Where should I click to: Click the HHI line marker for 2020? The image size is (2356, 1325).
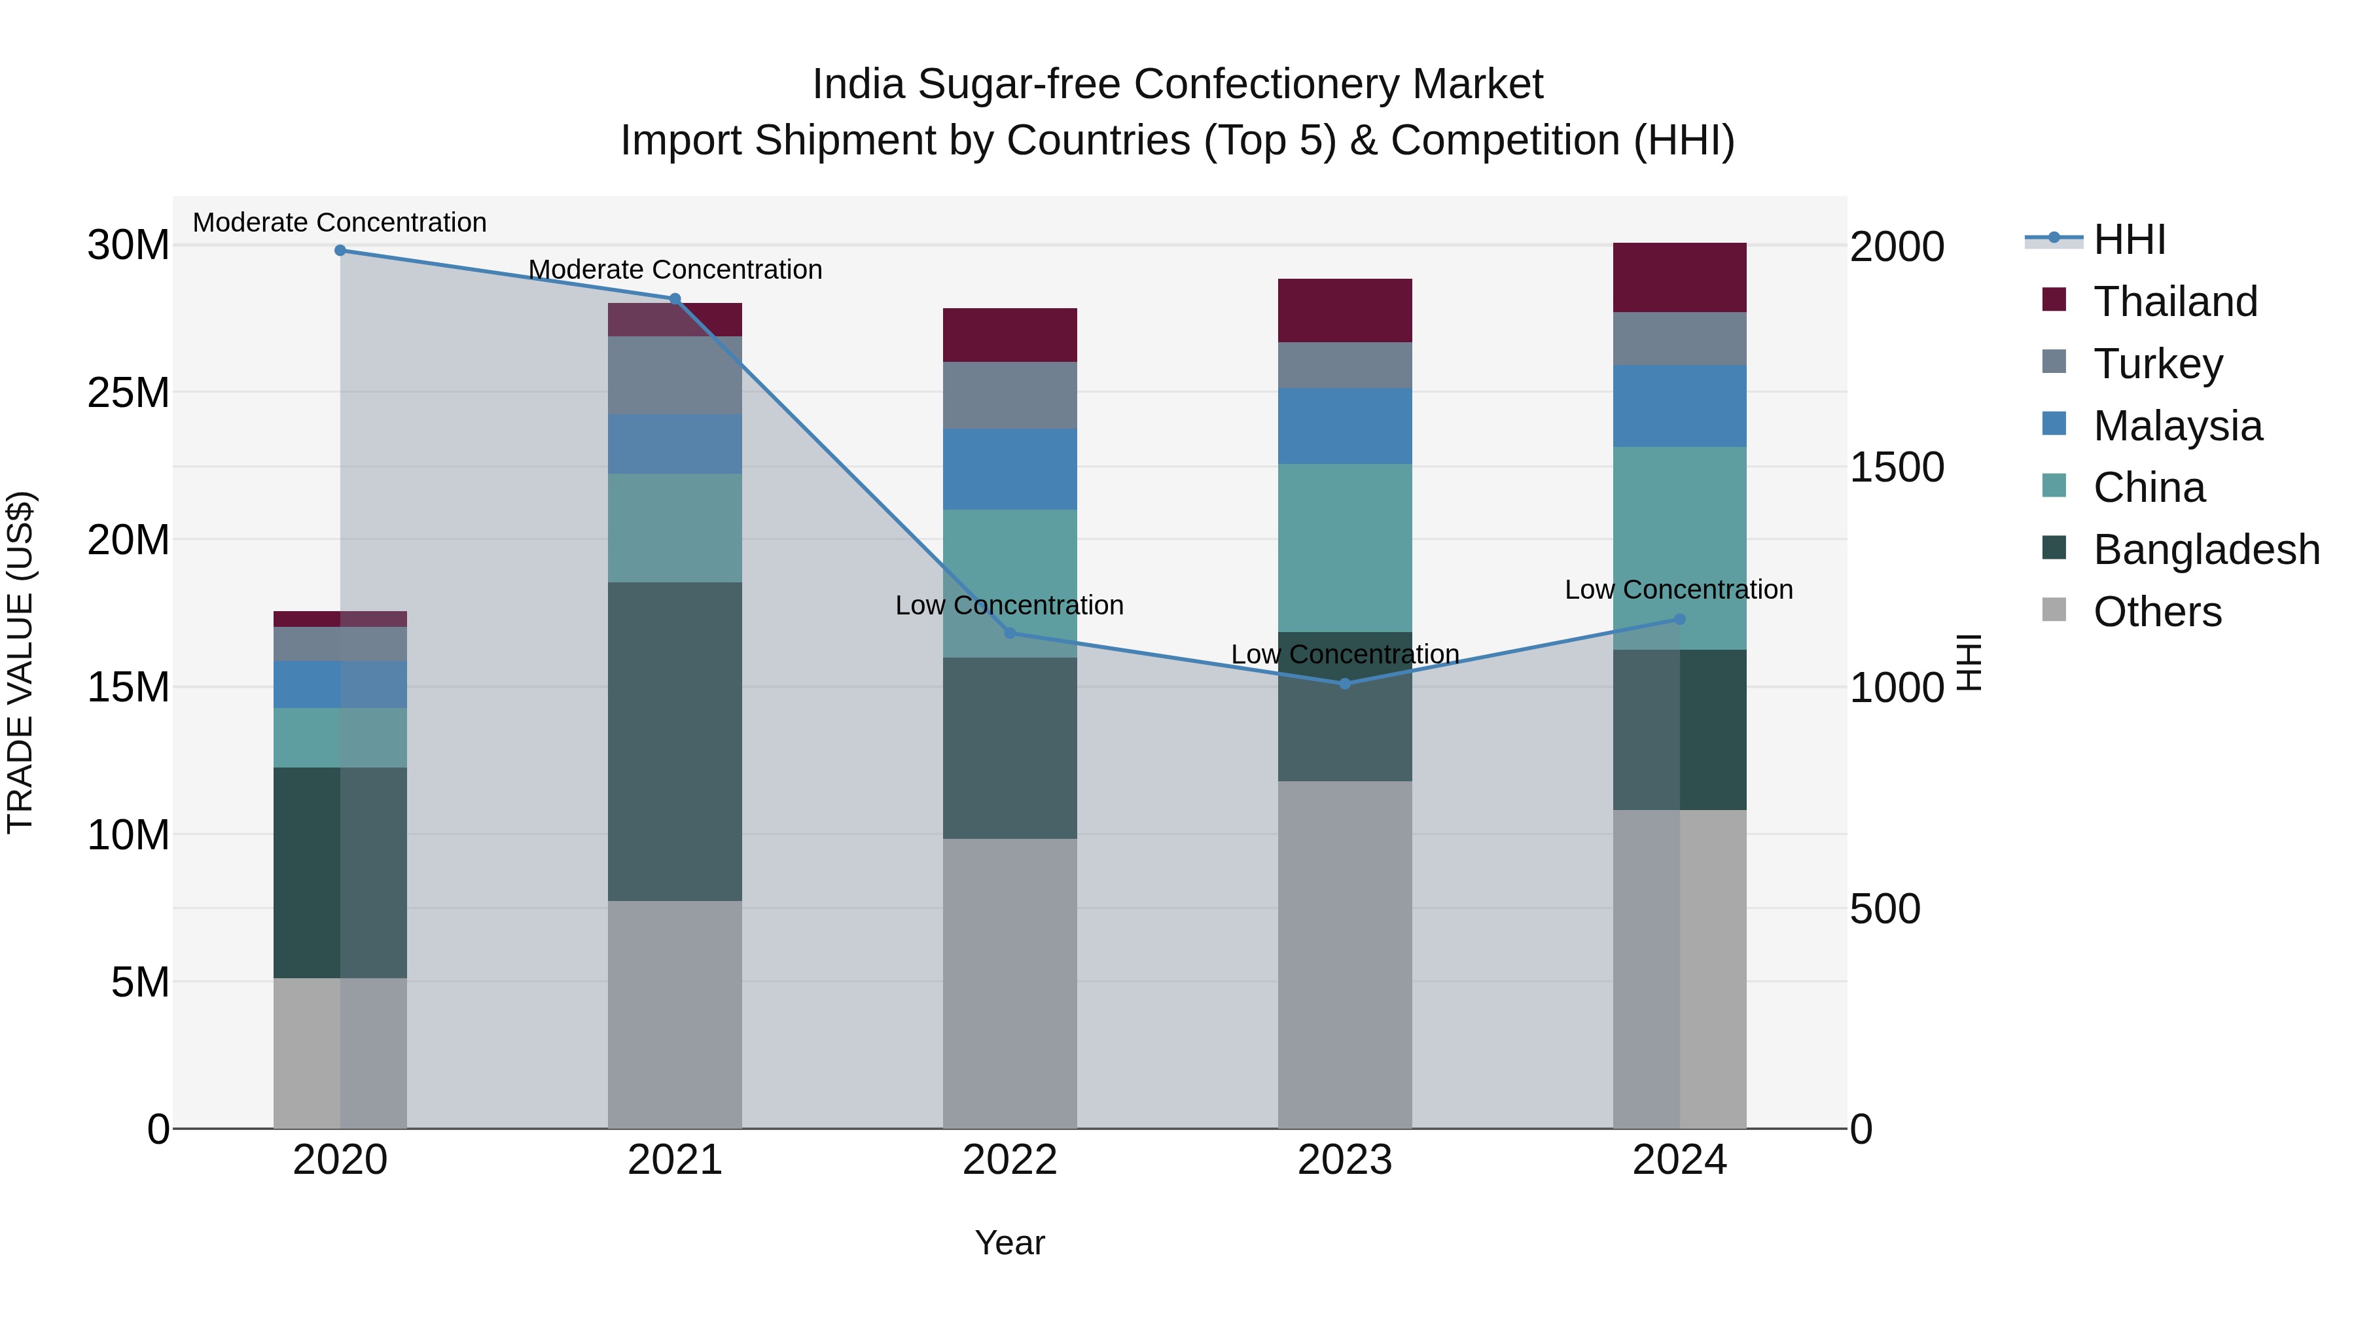tap(340, 251)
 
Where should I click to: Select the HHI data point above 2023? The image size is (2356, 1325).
tap(1344, 684)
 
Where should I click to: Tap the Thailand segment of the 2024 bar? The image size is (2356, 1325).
tap(1679, 278)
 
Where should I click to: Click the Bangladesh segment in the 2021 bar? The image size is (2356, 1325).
tap(675, 741)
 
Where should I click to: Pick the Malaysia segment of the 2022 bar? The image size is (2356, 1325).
tap(1010, 469)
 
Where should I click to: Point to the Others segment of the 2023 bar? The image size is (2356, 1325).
tap(1344, 954)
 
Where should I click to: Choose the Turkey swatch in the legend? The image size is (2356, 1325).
tap(2054, 362)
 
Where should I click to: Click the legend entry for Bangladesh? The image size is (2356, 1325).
tap(2206, 550)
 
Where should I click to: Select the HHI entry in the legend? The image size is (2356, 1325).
tap(2129, 239)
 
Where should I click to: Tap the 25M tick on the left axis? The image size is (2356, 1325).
tap(128, 393)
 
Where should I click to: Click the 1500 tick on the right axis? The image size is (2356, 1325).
tap(1897, 467)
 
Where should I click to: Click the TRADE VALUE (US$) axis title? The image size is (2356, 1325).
tap(20, 662)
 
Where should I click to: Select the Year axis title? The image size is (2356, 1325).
tap(1010, 1243)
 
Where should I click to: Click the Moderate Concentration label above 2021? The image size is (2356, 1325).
tap(675, 270)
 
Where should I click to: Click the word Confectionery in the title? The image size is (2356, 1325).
tap(1268, 84)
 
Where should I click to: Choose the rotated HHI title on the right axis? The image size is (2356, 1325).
tap(1968, 662)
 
